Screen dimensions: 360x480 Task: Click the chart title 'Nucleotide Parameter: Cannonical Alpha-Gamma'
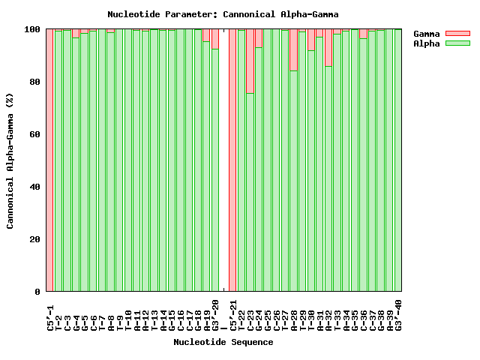[x=223, y=14]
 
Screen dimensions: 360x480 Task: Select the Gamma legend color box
[x=457, y=34]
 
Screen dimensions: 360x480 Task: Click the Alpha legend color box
[x=457, y=44]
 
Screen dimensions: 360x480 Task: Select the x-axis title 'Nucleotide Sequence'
[x=223, y=342]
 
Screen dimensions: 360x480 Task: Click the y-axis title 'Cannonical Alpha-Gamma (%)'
[x=10, y=160]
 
